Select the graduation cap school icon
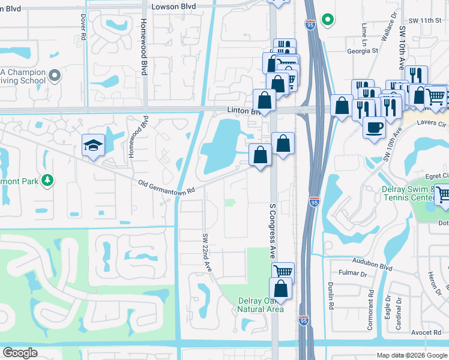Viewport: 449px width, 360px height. tap(93, 146)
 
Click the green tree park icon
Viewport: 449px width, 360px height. tap(47, 180)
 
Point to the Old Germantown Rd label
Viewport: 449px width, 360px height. tap(167, 187)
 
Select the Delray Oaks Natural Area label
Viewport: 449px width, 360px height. tap(260, 304)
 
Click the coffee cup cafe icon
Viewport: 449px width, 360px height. tap(375, 128)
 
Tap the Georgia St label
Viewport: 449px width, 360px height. tap(363, 51)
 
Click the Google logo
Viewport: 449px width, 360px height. tap(20, 353)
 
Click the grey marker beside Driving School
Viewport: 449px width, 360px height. tap(55, 76)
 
